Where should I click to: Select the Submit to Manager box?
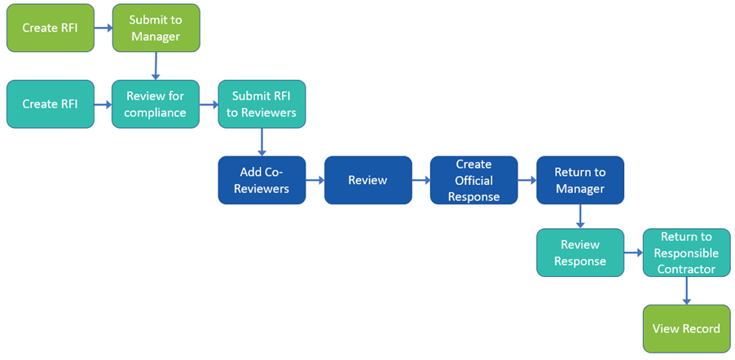pos(156,28)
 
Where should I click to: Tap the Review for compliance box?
pos(156,104)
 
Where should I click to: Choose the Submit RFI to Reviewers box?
pos(262,104)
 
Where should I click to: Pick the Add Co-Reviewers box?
pos(262,180)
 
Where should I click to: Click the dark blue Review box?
pos(367,180)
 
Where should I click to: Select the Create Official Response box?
pos(473,180)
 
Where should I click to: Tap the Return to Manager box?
pos(579,180)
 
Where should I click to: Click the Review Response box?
pos(579,252)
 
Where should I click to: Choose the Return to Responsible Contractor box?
pos(686,252)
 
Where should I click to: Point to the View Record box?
pos(686,329)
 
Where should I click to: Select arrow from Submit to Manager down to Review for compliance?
pos(156,64)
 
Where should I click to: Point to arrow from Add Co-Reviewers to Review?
pos(315,180)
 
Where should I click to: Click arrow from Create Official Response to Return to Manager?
pos(526,180)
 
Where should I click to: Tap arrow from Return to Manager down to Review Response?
pos(579,216)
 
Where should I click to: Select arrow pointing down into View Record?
pos(686,291)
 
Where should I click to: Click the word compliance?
pos(156,112)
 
